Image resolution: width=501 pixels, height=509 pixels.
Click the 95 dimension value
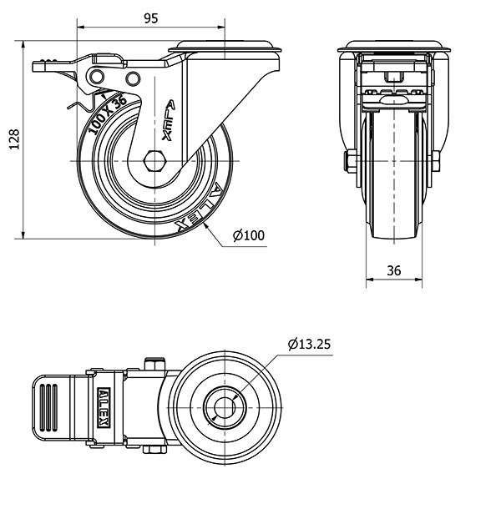coord(151,18)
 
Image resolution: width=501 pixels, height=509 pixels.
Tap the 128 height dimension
coord(12,139)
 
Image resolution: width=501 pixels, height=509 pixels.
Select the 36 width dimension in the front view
coord(394,270)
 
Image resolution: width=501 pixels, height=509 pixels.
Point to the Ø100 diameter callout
coord(248,236)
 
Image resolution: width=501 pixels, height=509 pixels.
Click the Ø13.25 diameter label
coord(311,344)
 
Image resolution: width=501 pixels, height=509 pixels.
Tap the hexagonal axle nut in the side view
coord(154,160)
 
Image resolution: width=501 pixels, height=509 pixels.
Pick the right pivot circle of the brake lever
coord(132,78)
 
